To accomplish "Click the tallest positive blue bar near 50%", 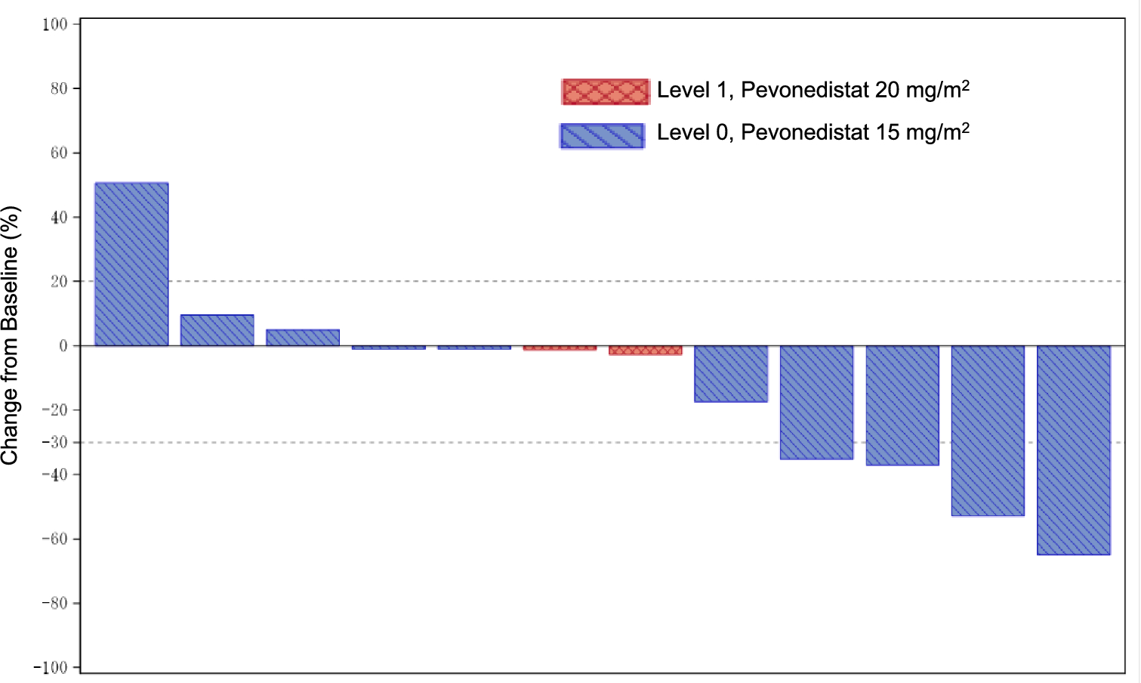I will (131, 264).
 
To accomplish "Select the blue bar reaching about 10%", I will (217, 330).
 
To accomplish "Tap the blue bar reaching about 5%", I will (303, 338).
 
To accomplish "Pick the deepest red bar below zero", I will (646, 351).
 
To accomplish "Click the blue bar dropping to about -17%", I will (731, 373).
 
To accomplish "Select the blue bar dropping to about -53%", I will (988, 431).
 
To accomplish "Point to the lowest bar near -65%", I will (1073, 450).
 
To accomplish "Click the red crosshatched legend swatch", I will (605, 91).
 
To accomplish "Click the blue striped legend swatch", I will (602, 136).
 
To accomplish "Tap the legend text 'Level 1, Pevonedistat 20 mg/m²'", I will (813, 90).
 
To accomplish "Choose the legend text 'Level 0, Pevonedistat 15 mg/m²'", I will (813, 132).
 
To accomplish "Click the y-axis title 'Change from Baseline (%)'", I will (11, 336).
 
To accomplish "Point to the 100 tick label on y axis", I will (55, 24).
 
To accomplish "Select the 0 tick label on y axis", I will (63, 346).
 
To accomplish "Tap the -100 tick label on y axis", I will (51, 668).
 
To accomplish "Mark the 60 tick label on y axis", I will (59, 153).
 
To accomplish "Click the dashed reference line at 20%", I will (642, 281).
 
